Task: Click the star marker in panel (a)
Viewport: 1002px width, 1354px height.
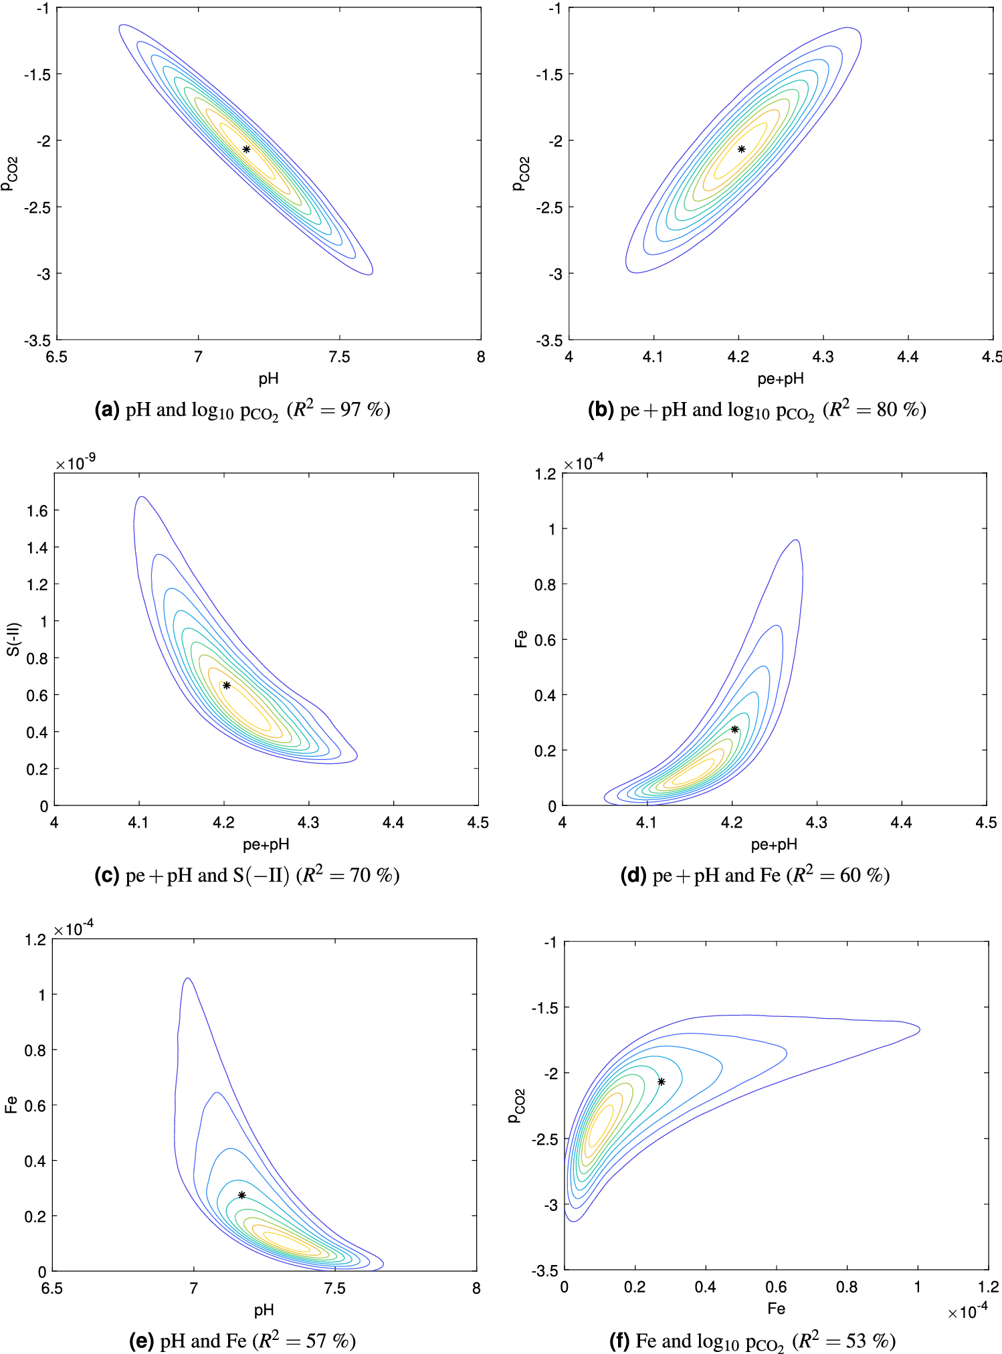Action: coord(246,149)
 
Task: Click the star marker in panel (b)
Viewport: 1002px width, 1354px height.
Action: coord(741,149)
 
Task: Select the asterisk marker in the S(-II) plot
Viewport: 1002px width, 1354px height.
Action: coord(227,685)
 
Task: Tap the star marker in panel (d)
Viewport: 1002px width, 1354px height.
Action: coord(734,729)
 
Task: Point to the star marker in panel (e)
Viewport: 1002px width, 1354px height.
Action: coord(241,1195)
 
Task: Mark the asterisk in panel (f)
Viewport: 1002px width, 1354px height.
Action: coord(661,1082)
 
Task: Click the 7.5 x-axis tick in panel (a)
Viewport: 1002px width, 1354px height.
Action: coord(339,357)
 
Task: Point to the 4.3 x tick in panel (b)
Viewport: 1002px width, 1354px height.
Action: coord(823,357)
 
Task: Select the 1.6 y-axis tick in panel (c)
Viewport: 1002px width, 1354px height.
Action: coord(37,511)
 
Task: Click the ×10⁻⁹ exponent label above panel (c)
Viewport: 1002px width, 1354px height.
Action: coord(76,463)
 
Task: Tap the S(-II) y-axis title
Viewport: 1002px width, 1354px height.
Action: coord(13,639)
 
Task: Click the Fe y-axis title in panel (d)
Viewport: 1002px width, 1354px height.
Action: coord(521,639)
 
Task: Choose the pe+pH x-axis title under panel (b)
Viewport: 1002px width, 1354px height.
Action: coord(780,379)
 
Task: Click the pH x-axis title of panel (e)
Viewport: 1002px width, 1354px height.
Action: coord(264,1310)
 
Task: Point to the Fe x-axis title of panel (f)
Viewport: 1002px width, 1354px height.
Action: coord(776,1309)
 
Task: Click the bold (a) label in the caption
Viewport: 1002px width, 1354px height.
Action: coord(107,409)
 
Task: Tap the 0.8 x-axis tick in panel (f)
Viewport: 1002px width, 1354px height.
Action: coord(846,1287)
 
